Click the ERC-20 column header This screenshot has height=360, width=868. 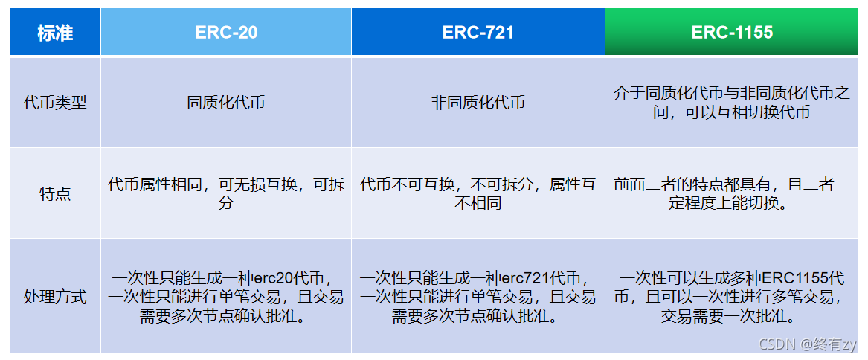coord(226,32)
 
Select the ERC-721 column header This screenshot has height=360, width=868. coord(478,32)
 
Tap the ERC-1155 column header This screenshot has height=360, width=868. coord(732,32)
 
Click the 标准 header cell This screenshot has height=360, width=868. coord(55,33)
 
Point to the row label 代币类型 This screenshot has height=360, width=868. coord(55,102)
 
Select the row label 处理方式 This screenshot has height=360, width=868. coord(55,297)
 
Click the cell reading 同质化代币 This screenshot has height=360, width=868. coord(226,102)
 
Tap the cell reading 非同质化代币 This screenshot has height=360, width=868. coord(478,102)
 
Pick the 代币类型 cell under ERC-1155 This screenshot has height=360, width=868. coord(732,102)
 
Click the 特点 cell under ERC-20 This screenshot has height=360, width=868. coord(226,193)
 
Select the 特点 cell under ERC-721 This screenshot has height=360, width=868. coord(478,193)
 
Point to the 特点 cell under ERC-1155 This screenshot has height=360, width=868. coord(732,193)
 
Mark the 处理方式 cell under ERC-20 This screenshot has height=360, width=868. coord(226,297)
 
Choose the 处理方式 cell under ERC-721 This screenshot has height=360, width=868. coord(478,297)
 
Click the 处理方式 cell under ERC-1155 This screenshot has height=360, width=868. coord(732,297)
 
